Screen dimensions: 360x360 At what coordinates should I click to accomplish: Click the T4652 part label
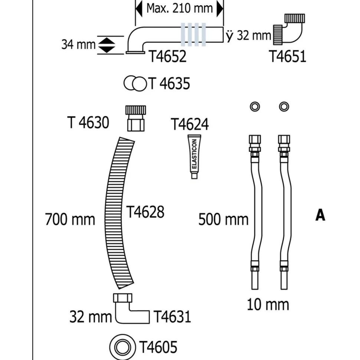pyautogui.click(x=168, y=56)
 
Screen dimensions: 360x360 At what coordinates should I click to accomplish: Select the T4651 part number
pyautogui.click(x=288, y=56)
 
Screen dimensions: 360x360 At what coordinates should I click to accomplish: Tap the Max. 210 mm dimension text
pyautogui.click(x=180, y=8)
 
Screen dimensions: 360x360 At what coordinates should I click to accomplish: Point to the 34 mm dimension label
pyautogui.click(x=78, y=44)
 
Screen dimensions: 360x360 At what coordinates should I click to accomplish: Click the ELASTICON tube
pyautogui.click(x=194, y=157)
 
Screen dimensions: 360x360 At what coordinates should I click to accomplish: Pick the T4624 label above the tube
pyautogui.click(x=190, y=124)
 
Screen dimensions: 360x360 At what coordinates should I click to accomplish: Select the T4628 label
pyautogui.click(x=145, y=212)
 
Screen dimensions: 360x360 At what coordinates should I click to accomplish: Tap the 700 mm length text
pyautogui.click(x=70, y=219)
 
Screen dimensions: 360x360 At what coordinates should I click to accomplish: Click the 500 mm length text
pyautogui.click(x=223, y=219)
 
